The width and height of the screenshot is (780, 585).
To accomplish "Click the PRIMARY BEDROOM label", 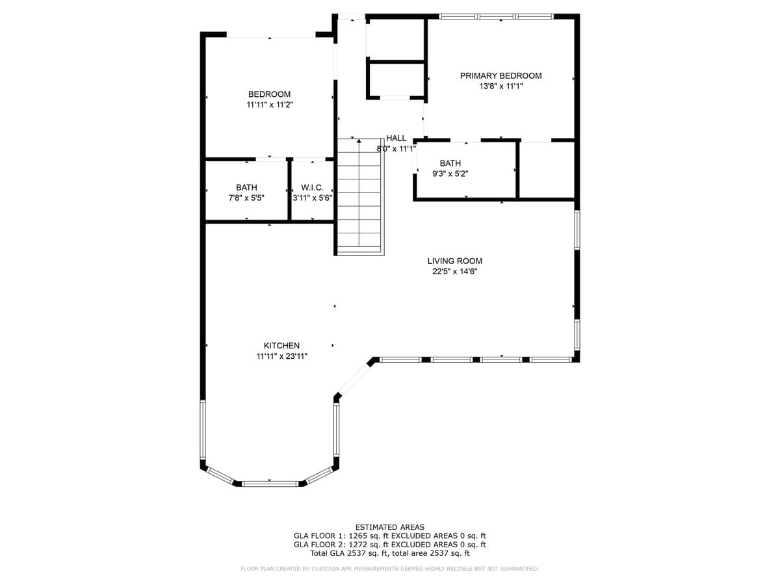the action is [500, 75].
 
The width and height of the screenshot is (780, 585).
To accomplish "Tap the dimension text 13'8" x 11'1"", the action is [500, 86].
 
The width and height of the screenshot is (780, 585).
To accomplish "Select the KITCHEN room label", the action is [281, 346].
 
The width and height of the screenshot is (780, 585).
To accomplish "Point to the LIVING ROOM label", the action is [455, 261].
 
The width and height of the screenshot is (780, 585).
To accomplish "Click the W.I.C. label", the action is [313, 188].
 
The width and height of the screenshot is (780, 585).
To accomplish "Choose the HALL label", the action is [396, 138].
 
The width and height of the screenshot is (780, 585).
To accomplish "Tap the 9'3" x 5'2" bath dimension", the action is [450, 174].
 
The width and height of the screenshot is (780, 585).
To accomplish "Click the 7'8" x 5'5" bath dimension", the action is [246, 198].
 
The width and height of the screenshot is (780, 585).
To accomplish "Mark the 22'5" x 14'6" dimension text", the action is [455, 272].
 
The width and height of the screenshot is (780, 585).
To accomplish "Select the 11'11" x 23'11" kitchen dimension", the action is [282, 356].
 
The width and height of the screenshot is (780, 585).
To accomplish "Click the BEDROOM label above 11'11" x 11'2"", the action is [269, 94].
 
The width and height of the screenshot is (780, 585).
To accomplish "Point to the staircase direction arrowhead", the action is [359, 141].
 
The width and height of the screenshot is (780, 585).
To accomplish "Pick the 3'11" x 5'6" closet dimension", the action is [313, 198].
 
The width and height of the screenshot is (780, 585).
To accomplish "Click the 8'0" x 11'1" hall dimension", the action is [396, 149].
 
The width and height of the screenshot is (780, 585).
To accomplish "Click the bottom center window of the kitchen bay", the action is [270, 484].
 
